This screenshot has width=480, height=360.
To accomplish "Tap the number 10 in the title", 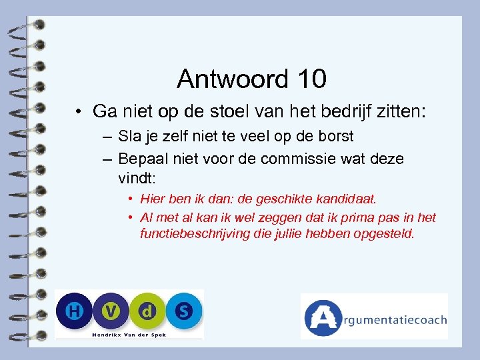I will coord(308,79).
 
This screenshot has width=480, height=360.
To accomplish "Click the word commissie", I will coord(307,159).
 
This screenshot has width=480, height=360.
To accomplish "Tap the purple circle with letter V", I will coord(113,311).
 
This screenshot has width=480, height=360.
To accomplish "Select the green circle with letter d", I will coord(149,311).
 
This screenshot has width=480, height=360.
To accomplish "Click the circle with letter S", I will coord(184,311).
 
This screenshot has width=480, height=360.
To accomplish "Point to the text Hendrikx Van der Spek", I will coord(129,333).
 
